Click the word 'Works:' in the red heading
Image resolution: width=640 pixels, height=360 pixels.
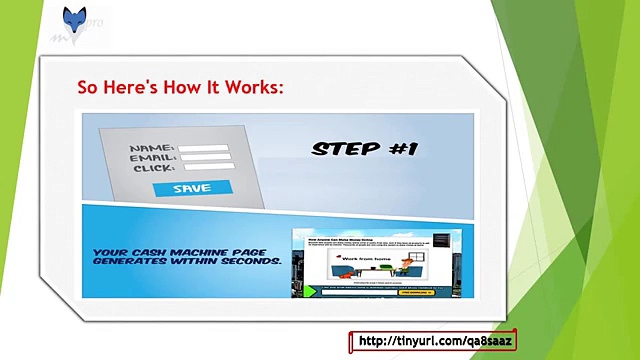[x=254, y=87]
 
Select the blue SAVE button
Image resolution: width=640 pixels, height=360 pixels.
[x=192, y=188]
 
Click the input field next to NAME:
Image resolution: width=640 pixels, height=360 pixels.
[x=203, y=148]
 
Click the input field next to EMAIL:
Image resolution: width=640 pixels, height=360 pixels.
[x=206, y=157]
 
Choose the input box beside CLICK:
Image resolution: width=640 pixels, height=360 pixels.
[x=209, y=166]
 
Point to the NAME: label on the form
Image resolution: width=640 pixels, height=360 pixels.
[x=152, y=148]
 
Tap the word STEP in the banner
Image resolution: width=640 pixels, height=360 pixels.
[x=345, y=148]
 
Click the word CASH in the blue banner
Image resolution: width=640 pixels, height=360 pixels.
[x=151, y=253]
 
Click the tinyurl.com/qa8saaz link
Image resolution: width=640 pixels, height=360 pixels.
[x=432, y=341]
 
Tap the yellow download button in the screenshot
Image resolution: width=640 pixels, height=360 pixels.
[x=415, y=292]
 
